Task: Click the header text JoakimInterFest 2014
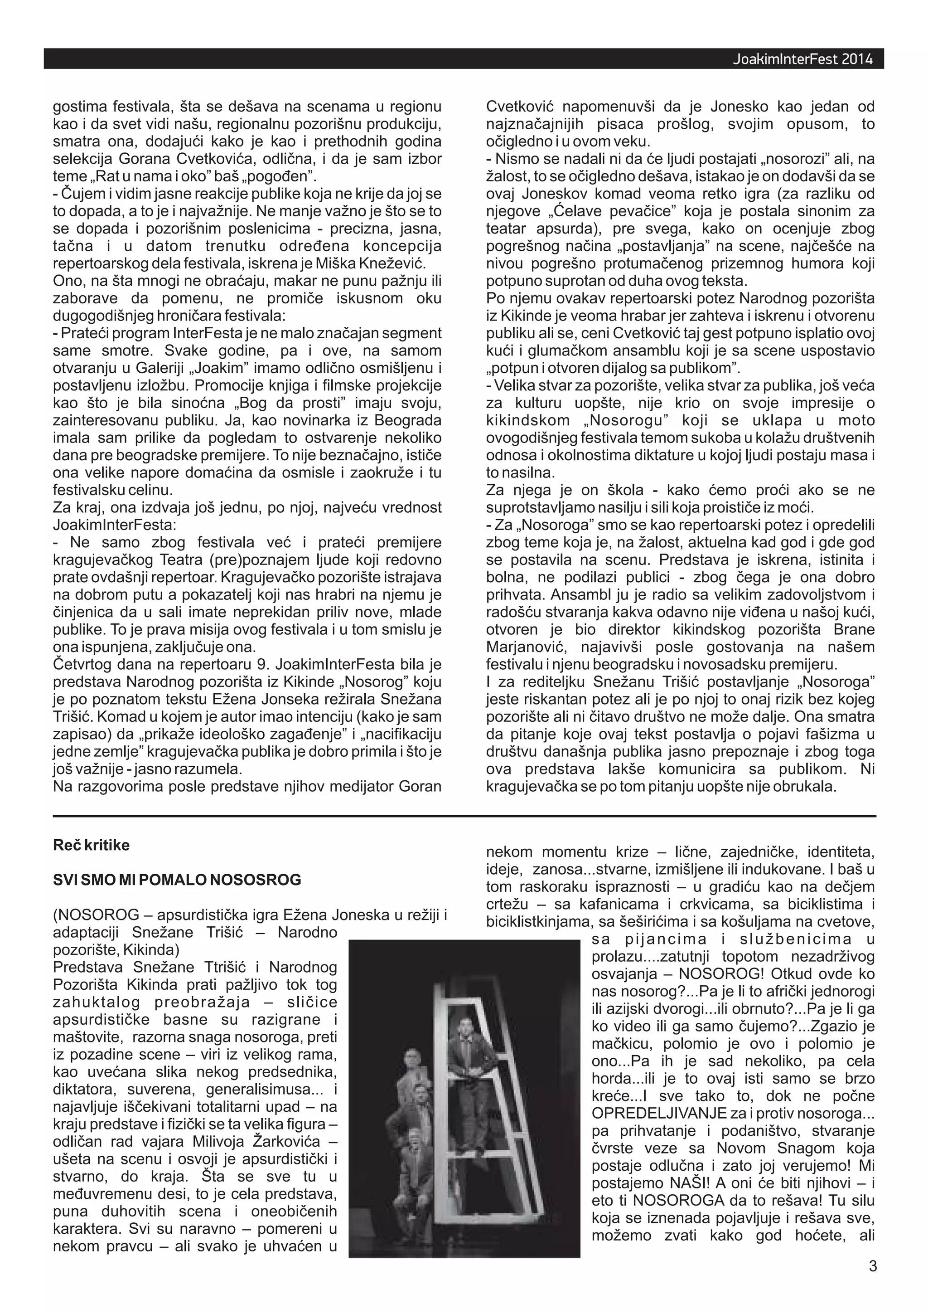pos(802,59)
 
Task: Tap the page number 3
pos(873,1282)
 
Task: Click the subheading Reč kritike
pos(91,845)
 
